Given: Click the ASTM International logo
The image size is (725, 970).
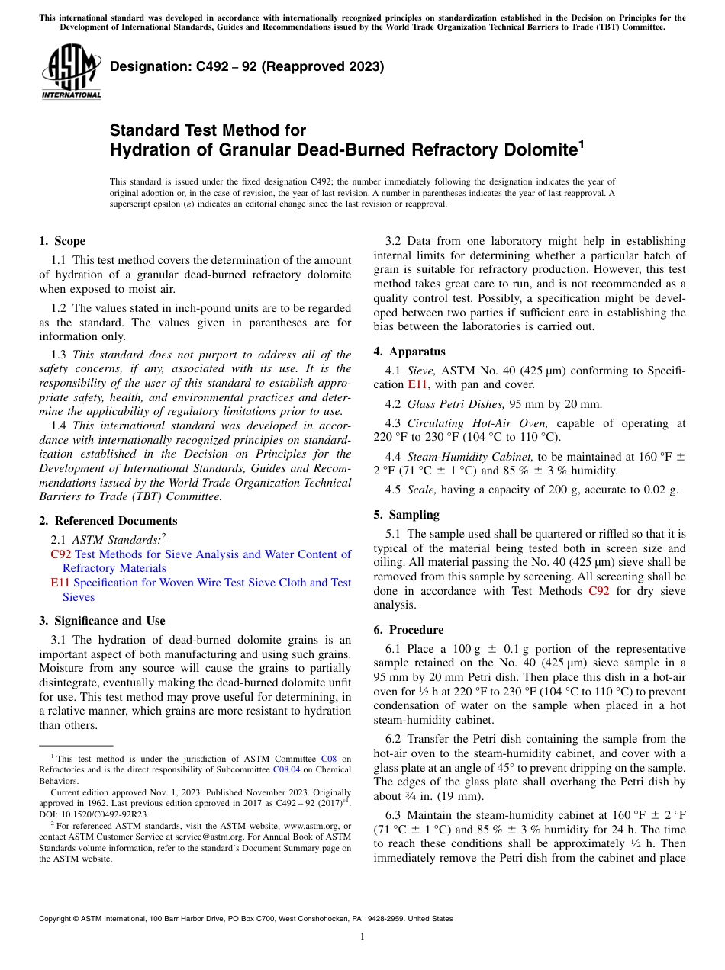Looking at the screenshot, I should click(x=71, y=72).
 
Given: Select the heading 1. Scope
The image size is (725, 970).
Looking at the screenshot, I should click(x=63, y=241).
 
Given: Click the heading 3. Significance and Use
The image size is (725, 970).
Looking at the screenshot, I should click(x=101, y=621).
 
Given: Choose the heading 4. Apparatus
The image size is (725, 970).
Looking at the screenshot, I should click(x=409, y=352).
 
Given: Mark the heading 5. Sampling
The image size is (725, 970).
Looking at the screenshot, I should click(x=406, y=515).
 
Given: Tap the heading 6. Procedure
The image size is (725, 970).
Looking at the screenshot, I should click(x=408, y=630).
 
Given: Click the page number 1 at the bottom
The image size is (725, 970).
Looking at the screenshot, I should click(x=362, y=936).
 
